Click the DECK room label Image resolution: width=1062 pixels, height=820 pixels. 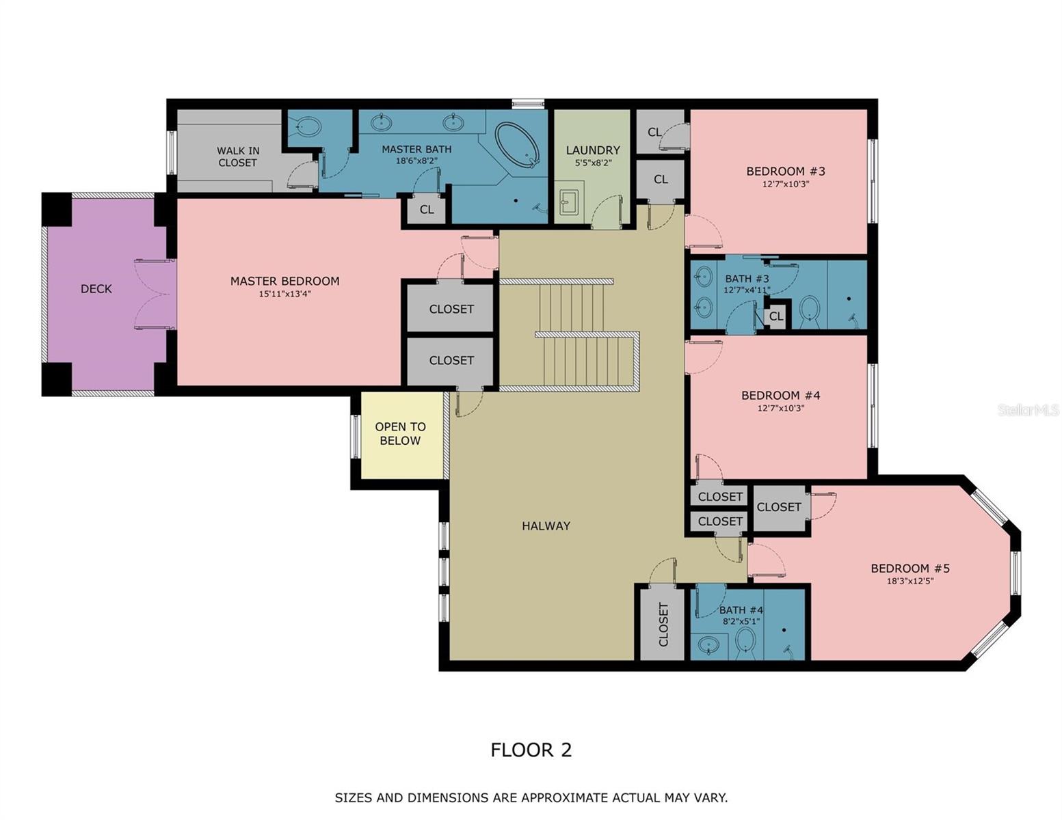pyautogui.click(x=96, y=288)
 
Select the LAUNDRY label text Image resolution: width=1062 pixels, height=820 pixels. pyautogui.click(x=593, y=150)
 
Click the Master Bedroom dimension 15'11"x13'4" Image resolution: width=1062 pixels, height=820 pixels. pyautogui.click(x=285, y=294)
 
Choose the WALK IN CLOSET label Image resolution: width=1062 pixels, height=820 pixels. pyautogui.click(x=238, y=156)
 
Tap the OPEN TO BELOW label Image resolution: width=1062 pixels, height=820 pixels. pyautogui.click(x=400, y=433)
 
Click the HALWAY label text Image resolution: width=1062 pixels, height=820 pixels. pyautogui.click(x=546, y=526)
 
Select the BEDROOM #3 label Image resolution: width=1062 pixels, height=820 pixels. pyautogui.click(x=785, y=171)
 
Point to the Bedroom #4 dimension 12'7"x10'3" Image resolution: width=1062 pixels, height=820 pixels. pyautogui.click(x=780, y=408)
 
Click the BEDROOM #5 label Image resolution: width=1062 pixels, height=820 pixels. pyautogui.click(x=910, y=568)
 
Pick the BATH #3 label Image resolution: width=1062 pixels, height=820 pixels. pyautogui.click(x=747, y=278)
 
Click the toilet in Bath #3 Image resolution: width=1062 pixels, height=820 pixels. pyautogui.click(x=810, y=308)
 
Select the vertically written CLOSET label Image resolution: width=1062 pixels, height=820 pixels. pyautogui.click(x=663, y=624)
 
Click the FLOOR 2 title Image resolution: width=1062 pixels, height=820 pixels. pyautogui.click(x=531, y=750)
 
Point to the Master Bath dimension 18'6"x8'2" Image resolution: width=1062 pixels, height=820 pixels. pyautogui.click(x=416, y=160)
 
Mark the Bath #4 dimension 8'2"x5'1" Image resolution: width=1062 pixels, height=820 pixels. pyautogui.click(x=741, y=622)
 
